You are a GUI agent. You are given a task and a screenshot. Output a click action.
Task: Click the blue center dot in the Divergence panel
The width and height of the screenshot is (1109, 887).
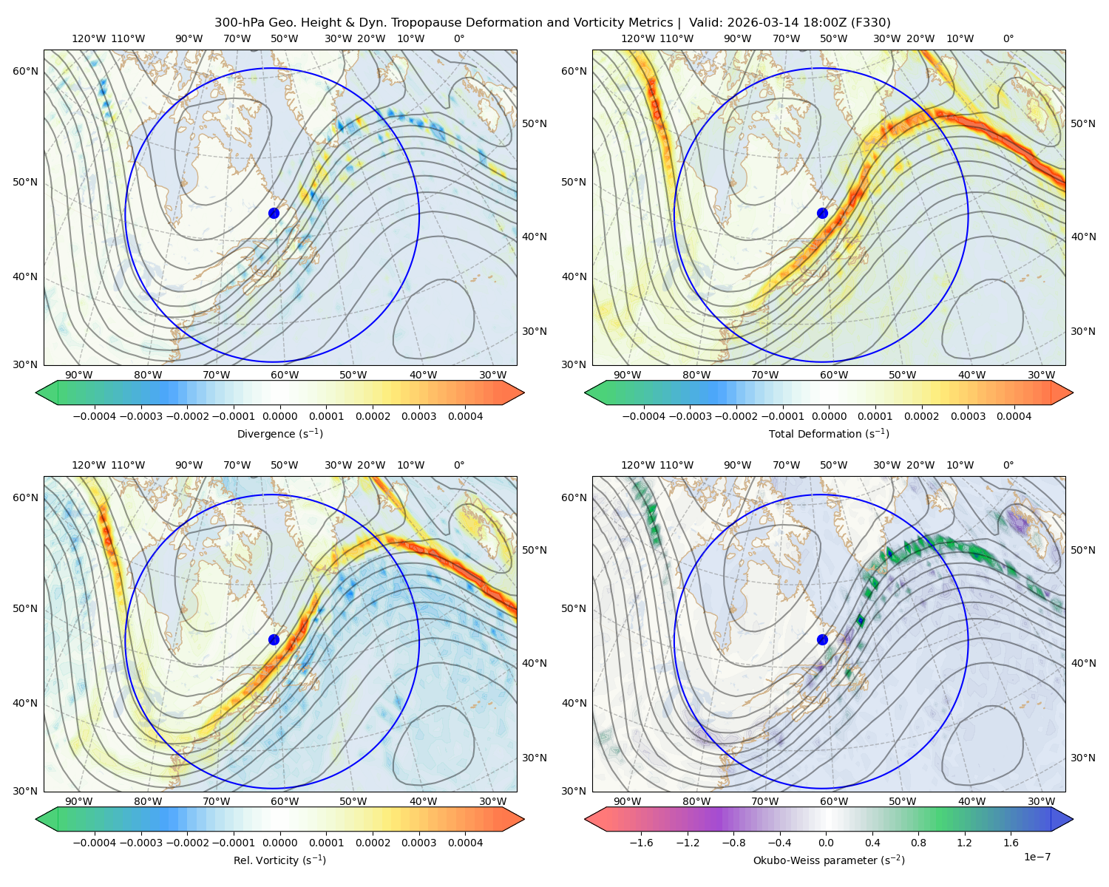pyautogui.click(x=274, y=214)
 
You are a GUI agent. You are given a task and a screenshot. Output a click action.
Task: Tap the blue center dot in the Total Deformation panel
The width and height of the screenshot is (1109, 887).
pyautogui.click(x=822, y=214)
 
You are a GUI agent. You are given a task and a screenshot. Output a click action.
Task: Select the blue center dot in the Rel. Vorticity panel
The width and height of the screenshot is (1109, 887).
pyautogui.click(x=274, y=639)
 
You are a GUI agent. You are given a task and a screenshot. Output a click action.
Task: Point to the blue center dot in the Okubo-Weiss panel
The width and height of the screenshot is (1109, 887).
pyautogui.click(x=822, y=639)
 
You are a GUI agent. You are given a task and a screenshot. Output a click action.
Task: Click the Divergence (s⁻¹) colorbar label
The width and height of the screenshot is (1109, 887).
pyautogui.click(x=279, y=434)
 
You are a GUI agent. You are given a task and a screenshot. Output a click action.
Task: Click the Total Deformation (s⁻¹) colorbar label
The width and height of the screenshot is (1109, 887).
pyautogui.click(x=829, y=434)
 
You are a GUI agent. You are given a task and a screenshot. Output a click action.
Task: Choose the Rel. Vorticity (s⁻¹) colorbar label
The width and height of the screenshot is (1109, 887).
pyautogui.click(x=279, y=860)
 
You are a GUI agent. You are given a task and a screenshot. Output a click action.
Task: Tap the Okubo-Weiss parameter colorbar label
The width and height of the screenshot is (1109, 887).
pyautogui.click(x=829, y=860)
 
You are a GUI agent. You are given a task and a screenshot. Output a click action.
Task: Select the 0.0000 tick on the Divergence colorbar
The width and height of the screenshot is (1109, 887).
pyautogui.click(x=279, y=416)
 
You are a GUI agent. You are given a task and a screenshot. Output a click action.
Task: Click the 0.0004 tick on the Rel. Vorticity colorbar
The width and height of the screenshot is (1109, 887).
pyautogui.click(x=465, y=843)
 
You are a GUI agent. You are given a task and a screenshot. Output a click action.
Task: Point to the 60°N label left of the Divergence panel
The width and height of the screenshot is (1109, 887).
pyautogui.click(x=25, y=71)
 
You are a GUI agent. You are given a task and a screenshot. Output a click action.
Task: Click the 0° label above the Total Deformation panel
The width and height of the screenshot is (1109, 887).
pyautogui.click(x=1008, y=38)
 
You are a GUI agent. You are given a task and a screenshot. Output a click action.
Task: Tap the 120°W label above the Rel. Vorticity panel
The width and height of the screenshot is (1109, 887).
pyautogui.click(x=89, y=465)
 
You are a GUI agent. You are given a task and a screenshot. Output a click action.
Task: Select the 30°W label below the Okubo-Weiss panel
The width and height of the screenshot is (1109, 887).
pyautogui.click(x=1042, y=801)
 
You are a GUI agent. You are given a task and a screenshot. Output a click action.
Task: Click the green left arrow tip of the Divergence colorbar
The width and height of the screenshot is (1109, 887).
pyautogui.click(x=36, y=392)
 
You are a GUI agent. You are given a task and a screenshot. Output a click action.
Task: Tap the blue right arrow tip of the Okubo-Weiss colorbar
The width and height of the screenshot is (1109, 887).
pyautogui.click(x=1073, y=819)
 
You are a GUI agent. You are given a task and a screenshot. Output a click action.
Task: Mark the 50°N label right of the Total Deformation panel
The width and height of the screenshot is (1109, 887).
pyautogui.click(x=1082, y=123)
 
